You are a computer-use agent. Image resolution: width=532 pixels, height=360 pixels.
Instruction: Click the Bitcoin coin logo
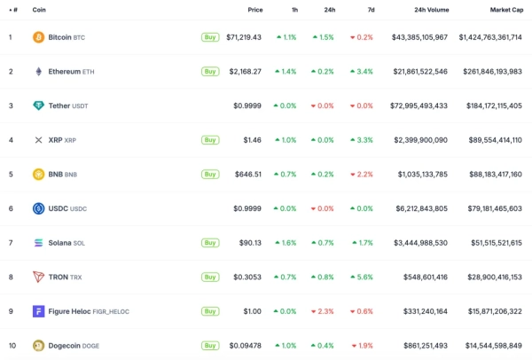pos(38,37)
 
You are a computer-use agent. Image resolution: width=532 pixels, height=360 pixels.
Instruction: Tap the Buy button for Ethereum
pos(210,71)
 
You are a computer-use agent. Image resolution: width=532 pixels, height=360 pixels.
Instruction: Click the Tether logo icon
pos(38,106)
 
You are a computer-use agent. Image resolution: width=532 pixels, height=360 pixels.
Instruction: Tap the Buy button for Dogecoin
pos(210,345)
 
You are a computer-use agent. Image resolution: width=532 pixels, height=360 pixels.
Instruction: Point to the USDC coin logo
pos(38,208)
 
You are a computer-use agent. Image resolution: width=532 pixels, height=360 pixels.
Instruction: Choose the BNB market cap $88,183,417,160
pos(491,174)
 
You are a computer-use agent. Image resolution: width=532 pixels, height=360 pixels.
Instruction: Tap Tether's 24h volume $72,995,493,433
pos(419,106)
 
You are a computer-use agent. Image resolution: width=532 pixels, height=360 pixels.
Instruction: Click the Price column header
pos(255,10)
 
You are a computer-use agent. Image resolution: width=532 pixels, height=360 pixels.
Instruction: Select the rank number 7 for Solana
pos(11,242)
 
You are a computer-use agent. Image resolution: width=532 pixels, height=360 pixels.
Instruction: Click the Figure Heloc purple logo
pos(38,311)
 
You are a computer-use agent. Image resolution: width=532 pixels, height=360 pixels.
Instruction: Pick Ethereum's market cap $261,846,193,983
pos(491,71)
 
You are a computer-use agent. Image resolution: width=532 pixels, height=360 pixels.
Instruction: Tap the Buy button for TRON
pos(210,277)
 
